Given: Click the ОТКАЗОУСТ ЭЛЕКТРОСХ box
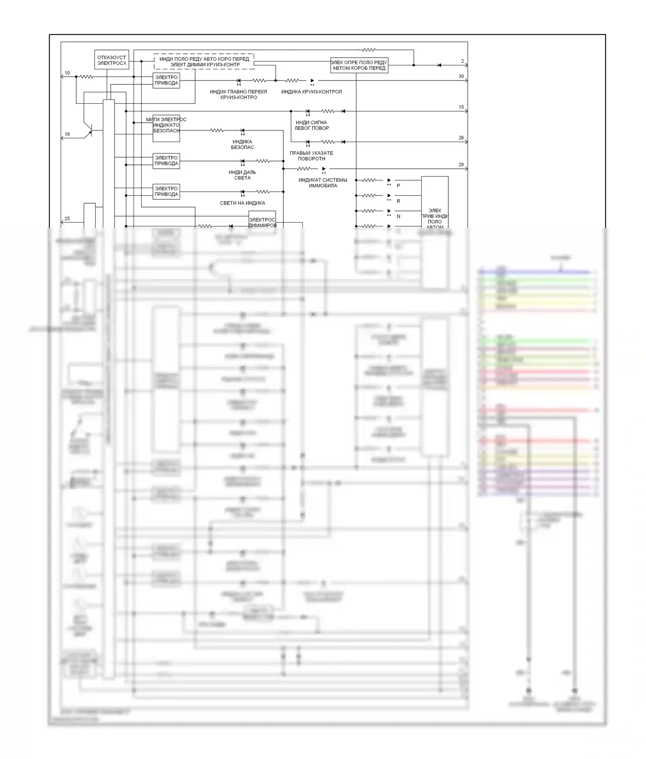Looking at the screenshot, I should coord(112,60).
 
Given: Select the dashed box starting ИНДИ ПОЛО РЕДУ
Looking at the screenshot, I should coord(204,62).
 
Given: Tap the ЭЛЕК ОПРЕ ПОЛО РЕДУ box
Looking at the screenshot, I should coord(359,65).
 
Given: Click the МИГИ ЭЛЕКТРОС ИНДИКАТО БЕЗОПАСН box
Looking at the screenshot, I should coord(166,128).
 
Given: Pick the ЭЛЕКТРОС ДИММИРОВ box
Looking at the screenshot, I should coord(262,223).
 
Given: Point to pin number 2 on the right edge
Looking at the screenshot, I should coord(463,61).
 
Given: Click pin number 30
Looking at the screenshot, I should coord(461,76).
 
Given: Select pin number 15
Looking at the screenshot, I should coord(461,107).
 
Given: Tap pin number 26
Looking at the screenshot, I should coord(461,138).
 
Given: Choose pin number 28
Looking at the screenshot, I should coord(461,164).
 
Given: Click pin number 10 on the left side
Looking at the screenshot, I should coord(67,73).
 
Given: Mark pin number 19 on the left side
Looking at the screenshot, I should coord(67,134).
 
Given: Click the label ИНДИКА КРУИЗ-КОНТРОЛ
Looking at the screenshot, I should coord(311,92).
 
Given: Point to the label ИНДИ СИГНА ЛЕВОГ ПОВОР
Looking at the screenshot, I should coord(311,125).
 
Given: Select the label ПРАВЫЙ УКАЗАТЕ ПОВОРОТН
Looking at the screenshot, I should coord(311,156).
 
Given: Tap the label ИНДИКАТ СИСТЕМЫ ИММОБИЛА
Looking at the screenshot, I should coord(323,183).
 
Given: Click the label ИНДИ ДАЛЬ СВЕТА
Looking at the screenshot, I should coord(242,175).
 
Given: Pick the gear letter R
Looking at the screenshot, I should coord(398,201).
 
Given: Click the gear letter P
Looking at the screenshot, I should coord(398,186).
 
